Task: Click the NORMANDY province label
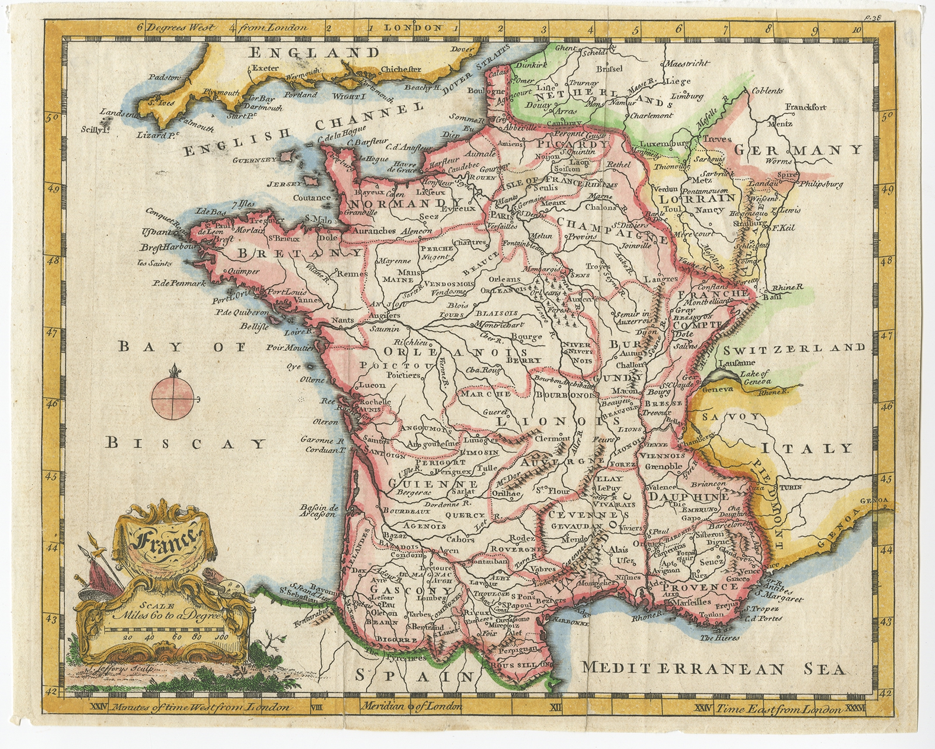point(399,203)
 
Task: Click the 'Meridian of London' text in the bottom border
point(412,706)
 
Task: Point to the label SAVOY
point(732,417)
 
